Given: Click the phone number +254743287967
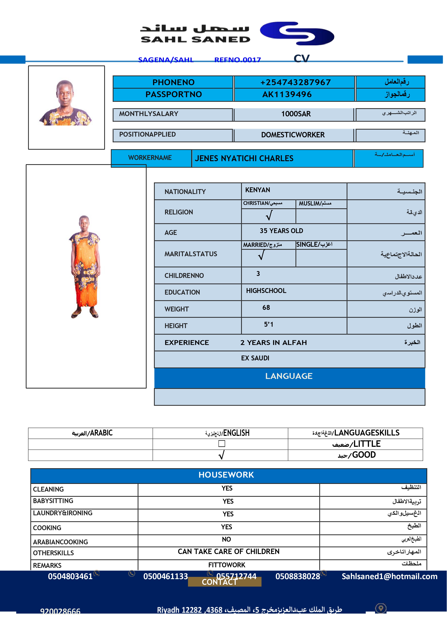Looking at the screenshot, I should pos(295,82).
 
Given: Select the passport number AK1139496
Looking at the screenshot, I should pos(287,94).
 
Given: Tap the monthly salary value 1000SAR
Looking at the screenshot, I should pos(296,114).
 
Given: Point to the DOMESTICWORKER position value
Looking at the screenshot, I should pos(293,135).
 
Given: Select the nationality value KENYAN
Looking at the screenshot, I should pos(257,190).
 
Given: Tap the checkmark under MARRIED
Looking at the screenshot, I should pos(261,255).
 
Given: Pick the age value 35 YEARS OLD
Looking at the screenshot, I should pos(281,231).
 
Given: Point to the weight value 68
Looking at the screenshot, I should pos(266,308).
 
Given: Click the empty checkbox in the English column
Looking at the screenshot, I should pos(222,444).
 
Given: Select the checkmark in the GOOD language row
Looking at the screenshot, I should pos(221,455).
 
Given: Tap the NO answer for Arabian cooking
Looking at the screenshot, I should pos(226,539).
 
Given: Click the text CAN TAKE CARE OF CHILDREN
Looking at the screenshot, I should pos(228,551).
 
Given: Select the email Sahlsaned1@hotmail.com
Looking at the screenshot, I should pos(389,576).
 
